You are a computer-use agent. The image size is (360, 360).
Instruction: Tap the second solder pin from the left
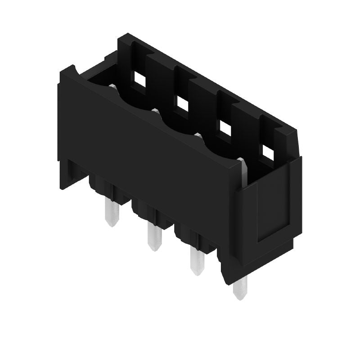coord(154,237)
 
